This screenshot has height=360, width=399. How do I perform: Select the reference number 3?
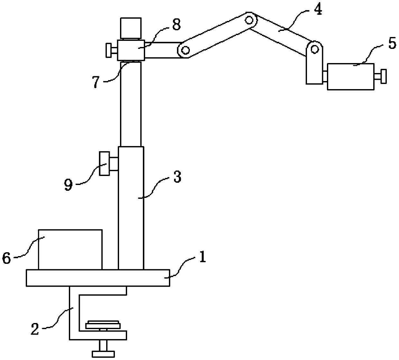177,178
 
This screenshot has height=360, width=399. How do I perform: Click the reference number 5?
392,44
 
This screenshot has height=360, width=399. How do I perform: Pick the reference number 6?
7,258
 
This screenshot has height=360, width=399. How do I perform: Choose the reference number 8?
176,25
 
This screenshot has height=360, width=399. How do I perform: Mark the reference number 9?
68,186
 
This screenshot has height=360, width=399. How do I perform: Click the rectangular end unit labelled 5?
351,77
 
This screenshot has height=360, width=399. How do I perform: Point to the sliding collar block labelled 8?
131,50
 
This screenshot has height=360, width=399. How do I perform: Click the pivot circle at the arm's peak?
249,20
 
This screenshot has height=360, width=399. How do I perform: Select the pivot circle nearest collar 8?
185,50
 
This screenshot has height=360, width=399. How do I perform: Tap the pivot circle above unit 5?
315,49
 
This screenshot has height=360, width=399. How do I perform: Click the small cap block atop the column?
130,28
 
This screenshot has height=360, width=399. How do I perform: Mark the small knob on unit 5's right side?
383,76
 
